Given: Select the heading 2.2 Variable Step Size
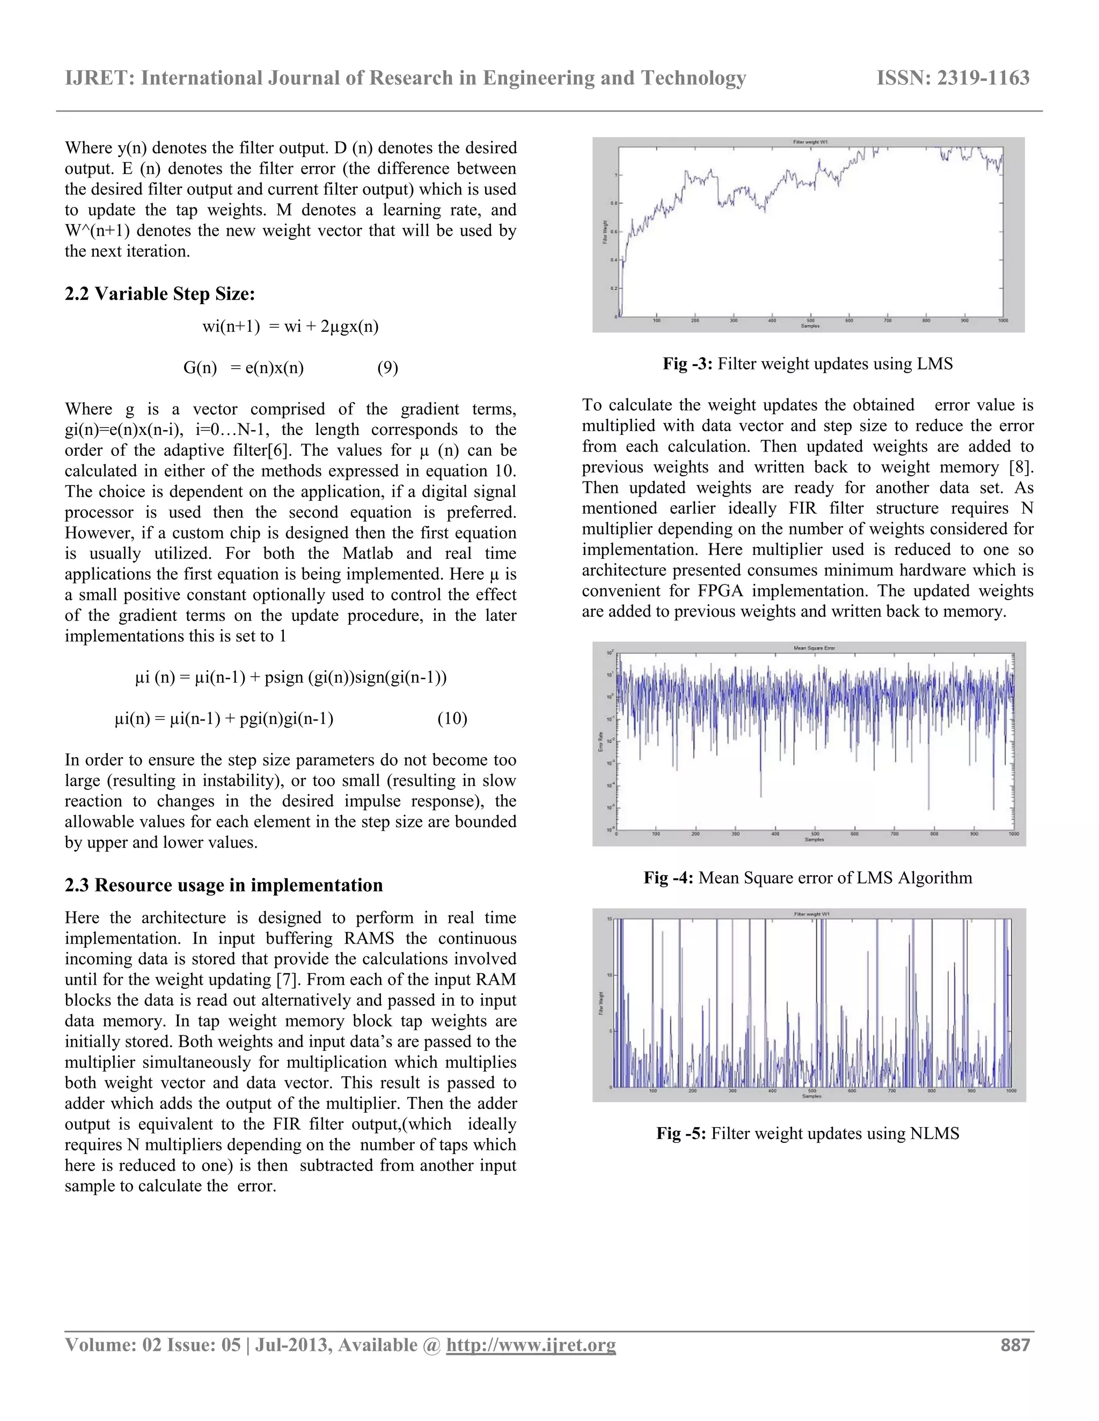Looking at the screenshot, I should point(159,294).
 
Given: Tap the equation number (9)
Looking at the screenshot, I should point(387,368).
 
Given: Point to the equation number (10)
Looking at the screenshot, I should point(452,719).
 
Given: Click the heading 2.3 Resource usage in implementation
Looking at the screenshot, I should point(223,885).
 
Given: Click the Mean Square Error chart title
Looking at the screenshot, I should point(814,648).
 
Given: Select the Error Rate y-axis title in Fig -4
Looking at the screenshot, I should point(601,742).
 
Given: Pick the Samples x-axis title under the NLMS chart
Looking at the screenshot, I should point(811,1097).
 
